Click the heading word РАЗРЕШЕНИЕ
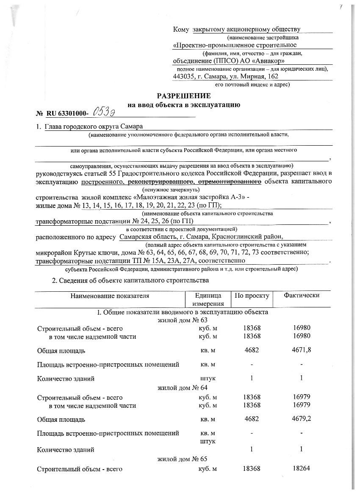click(184, 96)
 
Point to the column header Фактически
click(302, 296)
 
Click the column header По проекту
click(252, 296)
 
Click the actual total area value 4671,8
click(301, 351)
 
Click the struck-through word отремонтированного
click(233, 182)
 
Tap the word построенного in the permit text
click(102, 182)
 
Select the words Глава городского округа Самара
click(94, 127)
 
